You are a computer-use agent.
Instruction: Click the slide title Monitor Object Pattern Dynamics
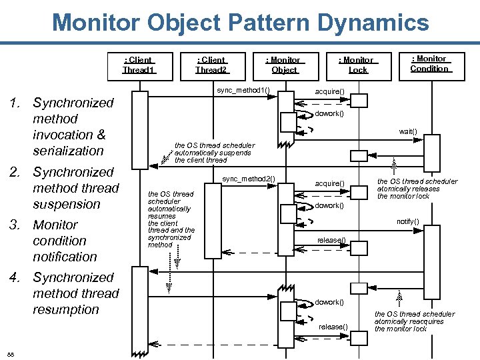240,23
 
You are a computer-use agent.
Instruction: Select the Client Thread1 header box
139,65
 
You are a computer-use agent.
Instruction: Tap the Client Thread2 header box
212,65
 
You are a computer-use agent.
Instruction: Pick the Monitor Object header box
285,65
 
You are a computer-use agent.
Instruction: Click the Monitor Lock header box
357,65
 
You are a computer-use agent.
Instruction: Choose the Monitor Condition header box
429,63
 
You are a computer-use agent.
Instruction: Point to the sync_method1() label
242,90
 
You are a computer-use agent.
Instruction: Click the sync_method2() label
248,179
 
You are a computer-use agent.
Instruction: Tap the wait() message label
408,131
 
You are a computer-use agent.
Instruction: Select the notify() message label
407,221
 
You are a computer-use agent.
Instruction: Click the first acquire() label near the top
329,91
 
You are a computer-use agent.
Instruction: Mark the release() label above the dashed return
331,240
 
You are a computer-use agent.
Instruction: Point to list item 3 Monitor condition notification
64,241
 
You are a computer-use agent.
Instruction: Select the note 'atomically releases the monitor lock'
417,189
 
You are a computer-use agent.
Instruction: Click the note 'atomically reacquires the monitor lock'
414,321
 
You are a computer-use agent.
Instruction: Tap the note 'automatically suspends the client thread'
214,153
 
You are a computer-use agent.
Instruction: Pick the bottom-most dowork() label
329,303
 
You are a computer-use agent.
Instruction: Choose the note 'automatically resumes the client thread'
171,219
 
